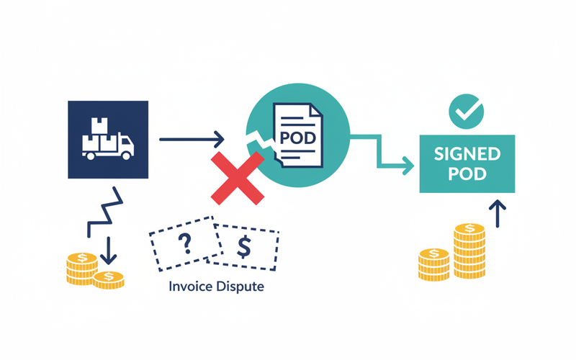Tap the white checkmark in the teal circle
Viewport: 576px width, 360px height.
(466, 110)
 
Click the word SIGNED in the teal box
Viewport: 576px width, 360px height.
(467, 153)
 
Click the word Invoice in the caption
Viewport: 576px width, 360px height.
(190, 286)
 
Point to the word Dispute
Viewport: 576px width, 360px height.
(241, 286)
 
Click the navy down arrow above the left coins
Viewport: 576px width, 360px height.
(109, 252)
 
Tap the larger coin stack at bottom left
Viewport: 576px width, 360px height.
(81, 268)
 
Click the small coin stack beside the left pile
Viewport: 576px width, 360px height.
(109, 278)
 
